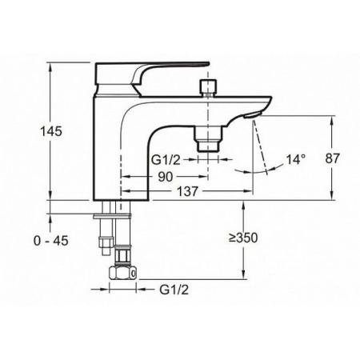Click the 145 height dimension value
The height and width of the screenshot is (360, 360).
[x=51, y=131]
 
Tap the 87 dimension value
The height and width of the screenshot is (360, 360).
[x=332, y=158]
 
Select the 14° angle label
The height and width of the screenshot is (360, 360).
[x=296, y=159]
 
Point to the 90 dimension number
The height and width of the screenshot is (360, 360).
[x=166, y=177]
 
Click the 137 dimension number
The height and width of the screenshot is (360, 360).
[x=188, y=191]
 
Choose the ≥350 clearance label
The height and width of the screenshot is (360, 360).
[x=243, y=238]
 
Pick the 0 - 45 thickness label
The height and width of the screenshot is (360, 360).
[x=51, y=241]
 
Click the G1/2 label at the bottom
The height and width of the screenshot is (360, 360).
[x=174, y=290]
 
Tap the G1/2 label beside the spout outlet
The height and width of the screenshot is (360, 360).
[x=166, y=160]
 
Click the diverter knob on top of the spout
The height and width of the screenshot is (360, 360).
[x=208, y=88]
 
